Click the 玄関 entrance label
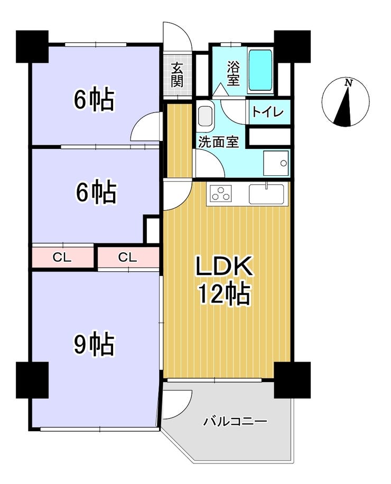coord(177,74)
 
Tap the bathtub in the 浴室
coord(260,70)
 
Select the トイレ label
coord(268,112)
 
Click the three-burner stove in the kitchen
coord(220,194)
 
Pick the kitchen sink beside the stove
coord(266,194)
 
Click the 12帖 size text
coord(225,295)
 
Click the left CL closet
coord(62,257)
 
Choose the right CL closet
coord(128,257)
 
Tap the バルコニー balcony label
coord(235,421)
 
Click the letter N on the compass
coord(349,83)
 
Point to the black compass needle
coord(345,107)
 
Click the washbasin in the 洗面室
coord(205,116)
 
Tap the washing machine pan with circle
coord(276,163)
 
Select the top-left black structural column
coord(32,46)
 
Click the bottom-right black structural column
coord(292,379)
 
